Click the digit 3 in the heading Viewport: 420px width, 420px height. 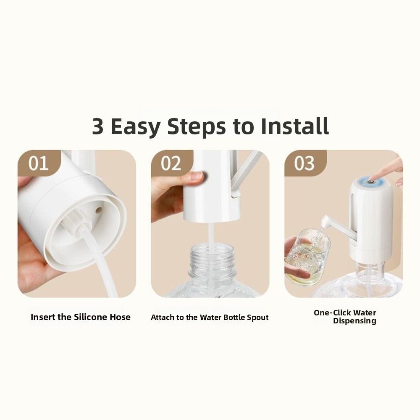(x=98, y=126)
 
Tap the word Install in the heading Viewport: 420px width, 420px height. (x=294, y=126)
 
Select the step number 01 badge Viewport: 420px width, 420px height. (x=38, y=163)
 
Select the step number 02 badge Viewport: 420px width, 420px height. (x=171, y=163)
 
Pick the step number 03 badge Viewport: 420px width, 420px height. (x=304, y=163)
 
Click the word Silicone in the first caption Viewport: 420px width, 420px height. (x=90, y=317)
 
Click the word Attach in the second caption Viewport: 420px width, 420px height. (x=162, y=318)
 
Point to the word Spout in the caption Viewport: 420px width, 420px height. (x=257, y=318)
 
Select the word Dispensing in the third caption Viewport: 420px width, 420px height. (x=354, y=321)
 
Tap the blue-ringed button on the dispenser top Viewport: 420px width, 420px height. (x=370, y=182)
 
